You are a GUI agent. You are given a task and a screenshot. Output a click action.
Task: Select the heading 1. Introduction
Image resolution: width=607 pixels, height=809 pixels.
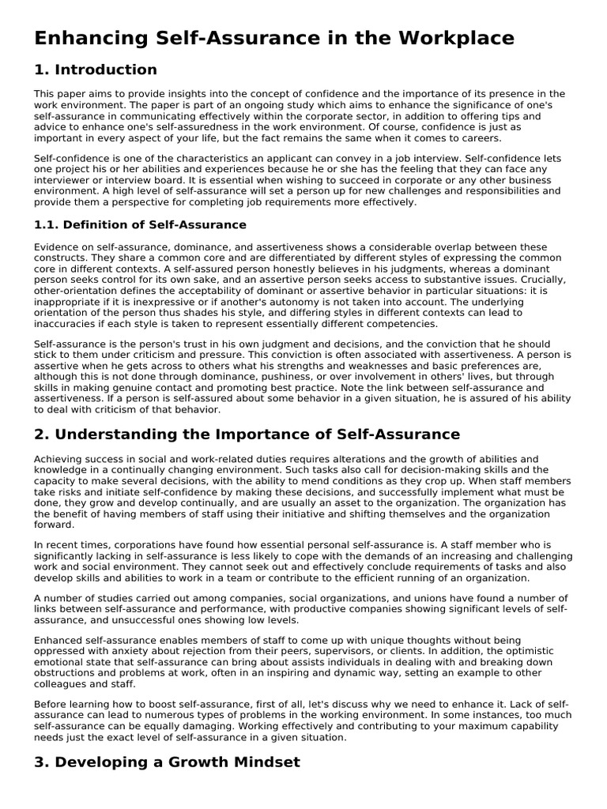click(95, 70)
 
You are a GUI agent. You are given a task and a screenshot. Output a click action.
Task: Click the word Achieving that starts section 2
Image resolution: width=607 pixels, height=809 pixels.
click(58, 459)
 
